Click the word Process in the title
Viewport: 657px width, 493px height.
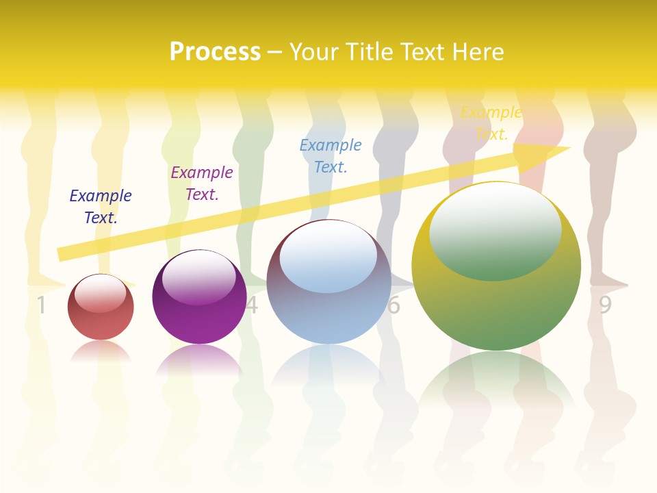(215, 52)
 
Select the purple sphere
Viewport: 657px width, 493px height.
(199, 315)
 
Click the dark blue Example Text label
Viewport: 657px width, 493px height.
(101, 207)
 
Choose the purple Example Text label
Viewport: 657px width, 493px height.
(202, 184)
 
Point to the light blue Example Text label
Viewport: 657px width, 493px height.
(331, 155)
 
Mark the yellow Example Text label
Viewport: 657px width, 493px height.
(491, 123)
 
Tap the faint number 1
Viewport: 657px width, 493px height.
(41, 305)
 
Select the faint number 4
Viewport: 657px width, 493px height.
(253, 305)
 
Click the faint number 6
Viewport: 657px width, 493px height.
(394, 305)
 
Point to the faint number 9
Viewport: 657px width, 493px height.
(605, 305)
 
